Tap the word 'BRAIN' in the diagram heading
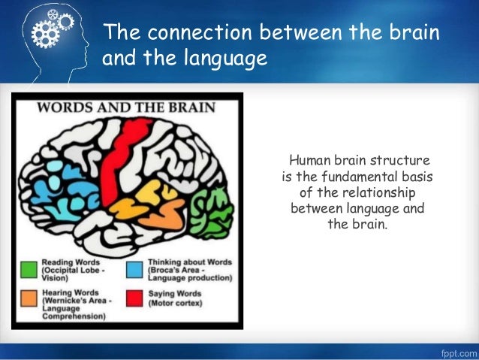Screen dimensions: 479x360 (x=188, y=106)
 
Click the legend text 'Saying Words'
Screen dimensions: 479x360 (x=175, y=293)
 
